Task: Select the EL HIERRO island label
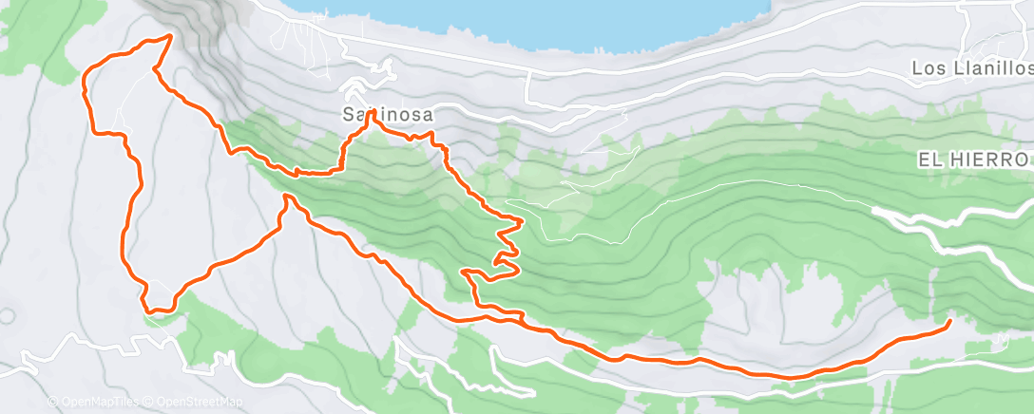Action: click(x=974, y=160)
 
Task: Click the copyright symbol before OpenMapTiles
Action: click(x=52, y=403)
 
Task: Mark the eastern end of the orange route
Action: click(x=948, y=324)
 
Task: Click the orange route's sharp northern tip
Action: click(x=170, y=36)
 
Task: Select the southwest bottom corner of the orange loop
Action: click(x=148, y=308)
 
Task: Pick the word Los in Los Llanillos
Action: click(x=926, y=68)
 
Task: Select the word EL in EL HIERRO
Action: click(x=929, y=160)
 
